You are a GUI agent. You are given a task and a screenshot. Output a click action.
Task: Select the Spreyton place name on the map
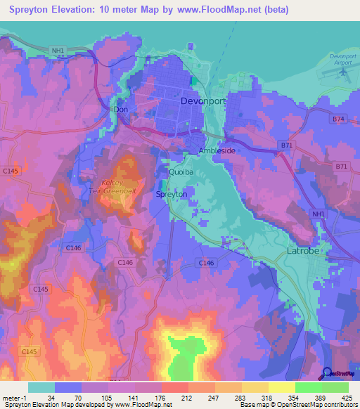[171, 194]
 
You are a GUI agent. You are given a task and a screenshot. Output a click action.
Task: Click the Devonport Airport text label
[344, 59]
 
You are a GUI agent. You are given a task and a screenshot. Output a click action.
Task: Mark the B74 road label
[338, 120]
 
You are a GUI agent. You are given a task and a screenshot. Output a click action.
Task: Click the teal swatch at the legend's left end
[41, 387]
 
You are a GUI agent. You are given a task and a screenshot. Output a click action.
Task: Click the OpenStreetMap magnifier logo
[327, 375]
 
